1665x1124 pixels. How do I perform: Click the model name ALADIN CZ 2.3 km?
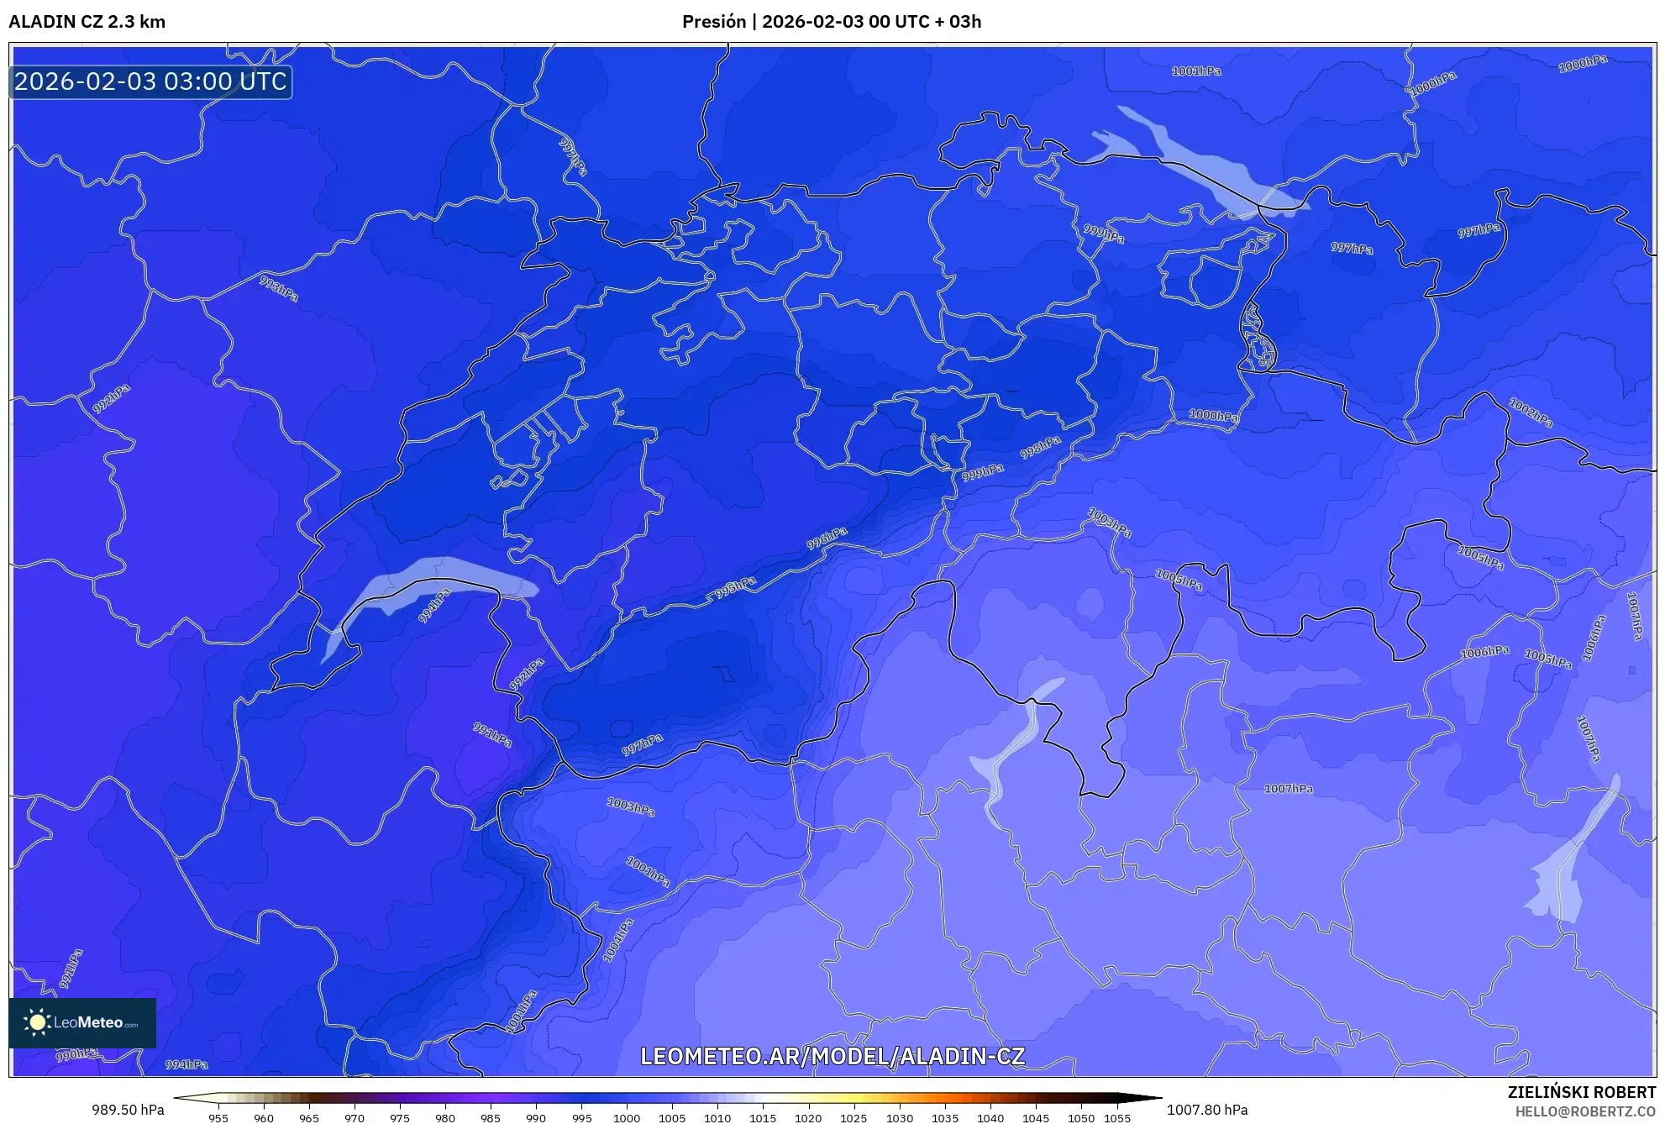click(87, 22)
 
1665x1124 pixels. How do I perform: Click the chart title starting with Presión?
click(831, 22)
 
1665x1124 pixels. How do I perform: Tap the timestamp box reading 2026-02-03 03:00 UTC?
click(151, 81)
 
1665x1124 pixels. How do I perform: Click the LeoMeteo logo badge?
click(82, 1022)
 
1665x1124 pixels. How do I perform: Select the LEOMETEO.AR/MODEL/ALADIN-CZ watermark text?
click(832, 1056)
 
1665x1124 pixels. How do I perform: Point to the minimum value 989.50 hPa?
click(128, 1110)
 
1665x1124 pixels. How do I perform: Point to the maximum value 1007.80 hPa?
click(1207, 1110)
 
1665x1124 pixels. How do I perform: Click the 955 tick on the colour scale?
click(218, 1118)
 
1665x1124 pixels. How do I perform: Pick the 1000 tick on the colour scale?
click(627, 1118)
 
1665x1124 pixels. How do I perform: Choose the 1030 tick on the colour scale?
click(899, 1118)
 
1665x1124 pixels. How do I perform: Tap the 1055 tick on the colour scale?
click(1117, 1118)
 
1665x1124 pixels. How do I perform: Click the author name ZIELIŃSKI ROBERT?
click(1582, 1092)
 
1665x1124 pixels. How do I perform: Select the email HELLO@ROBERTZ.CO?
click(1585, 1111)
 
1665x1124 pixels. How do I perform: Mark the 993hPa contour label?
click(279, 288)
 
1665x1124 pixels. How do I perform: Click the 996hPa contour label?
click(827, 538)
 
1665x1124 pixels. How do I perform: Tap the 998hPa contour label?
click(1041, 448)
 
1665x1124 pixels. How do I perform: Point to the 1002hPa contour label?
click(1531, 412)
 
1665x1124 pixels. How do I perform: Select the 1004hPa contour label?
click(617, 939)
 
